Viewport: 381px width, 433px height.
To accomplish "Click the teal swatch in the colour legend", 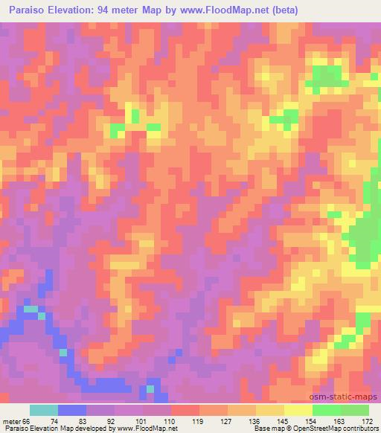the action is (x=43, y=410).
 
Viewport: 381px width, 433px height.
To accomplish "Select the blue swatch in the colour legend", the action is (x=71, y=410).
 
